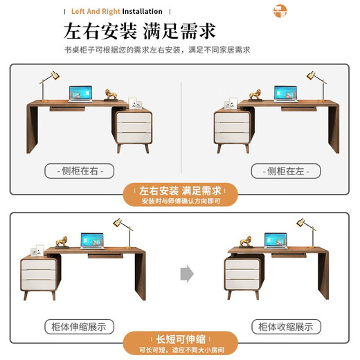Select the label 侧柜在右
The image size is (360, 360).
coord(80,170)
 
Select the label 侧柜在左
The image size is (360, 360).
coord(285,170)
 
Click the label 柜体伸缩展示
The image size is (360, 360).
coord(79,326)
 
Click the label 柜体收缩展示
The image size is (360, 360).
coord(285,326)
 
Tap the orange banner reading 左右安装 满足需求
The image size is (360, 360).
coord(180,195)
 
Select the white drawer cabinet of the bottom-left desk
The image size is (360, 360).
coord(40,273)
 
